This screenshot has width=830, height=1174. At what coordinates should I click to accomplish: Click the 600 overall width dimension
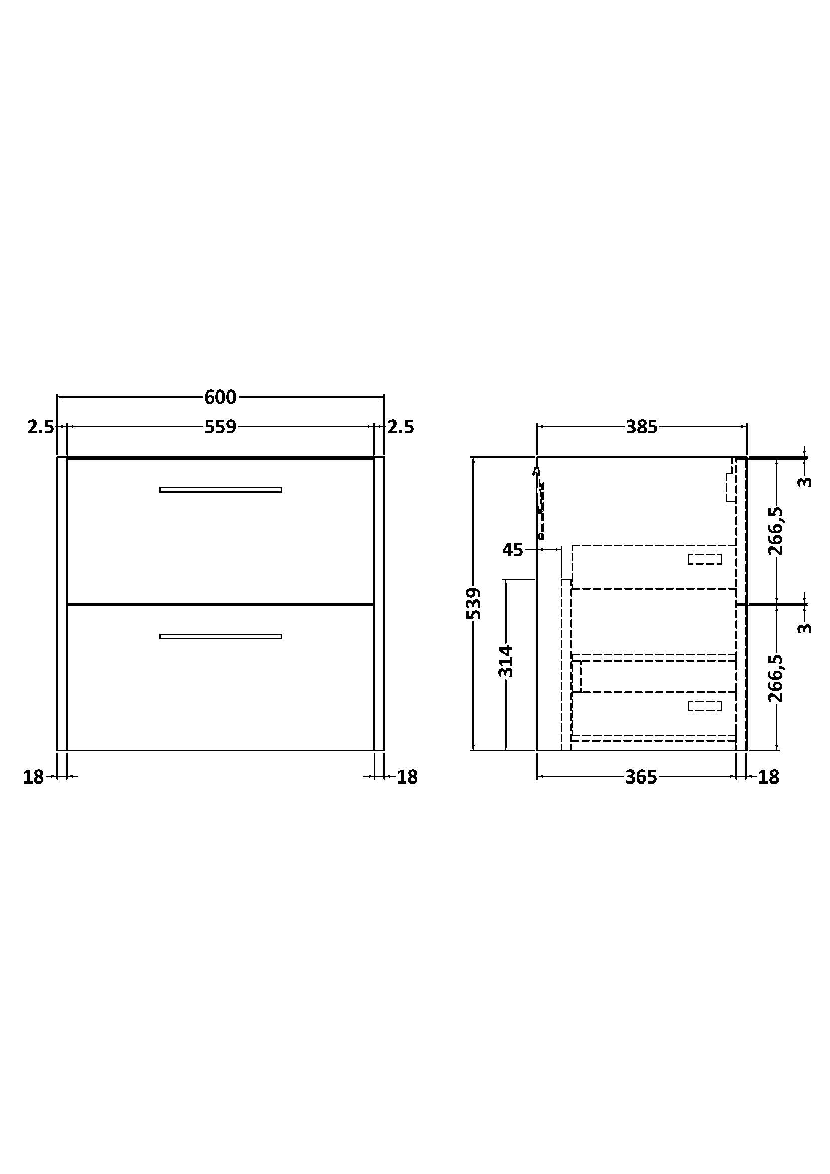tap(220, 397)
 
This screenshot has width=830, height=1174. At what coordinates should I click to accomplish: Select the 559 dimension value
tap(220, 427)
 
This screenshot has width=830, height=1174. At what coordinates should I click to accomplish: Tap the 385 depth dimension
tap(641, 427)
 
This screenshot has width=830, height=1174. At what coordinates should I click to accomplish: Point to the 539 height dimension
tap(474, 603)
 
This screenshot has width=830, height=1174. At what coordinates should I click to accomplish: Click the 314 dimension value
tap(505, 661)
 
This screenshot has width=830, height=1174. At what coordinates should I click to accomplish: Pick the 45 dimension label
tap(513, 550)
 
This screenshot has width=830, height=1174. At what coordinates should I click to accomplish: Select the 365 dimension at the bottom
tap(641, 777)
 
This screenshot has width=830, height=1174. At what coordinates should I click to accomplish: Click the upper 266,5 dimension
tap(775, 531)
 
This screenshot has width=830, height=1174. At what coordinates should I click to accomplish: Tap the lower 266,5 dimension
tap(775, 678)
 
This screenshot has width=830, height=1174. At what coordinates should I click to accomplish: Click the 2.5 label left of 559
tap(40, 427)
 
